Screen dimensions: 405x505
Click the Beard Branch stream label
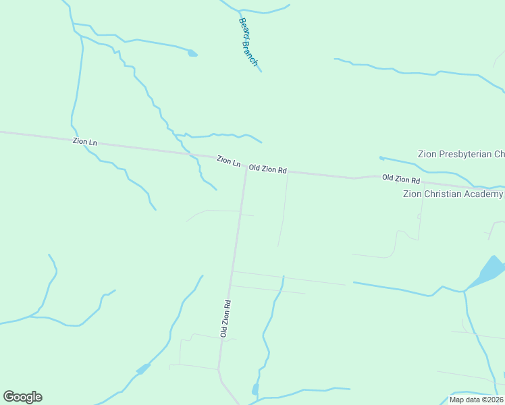(x=248, y=42)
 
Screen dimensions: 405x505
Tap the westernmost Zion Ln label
(x=85, y=142)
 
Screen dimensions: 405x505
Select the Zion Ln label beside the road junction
(x=228, y=161)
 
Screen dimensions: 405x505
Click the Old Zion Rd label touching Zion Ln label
(x=268, y=169)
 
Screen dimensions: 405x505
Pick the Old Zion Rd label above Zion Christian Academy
(x=401, y=180)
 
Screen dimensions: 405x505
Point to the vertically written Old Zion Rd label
(x=225, y=319)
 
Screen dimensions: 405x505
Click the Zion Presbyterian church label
(x=461, y=154)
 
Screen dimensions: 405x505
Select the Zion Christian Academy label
(x=452, y=194)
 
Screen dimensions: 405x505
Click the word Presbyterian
(x=466, y=154)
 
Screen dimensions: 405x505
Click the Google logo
(x=22, y=397)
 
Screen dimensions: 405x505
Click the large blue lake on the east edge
(x=491, y=270)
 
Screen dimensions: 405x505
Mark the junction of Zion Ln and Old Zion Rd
(x=246, y=167)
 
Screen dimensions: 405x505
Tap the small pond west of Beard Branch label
(x=192, y=53)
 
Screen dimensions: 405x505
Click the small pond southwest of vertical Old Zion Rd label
(x=142, y=369)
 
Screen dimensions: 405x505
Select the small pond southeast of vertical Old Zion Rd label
(x=255, y=389)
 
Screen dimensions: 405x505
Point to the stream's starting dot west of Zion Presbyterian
(x=381, y=158)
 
